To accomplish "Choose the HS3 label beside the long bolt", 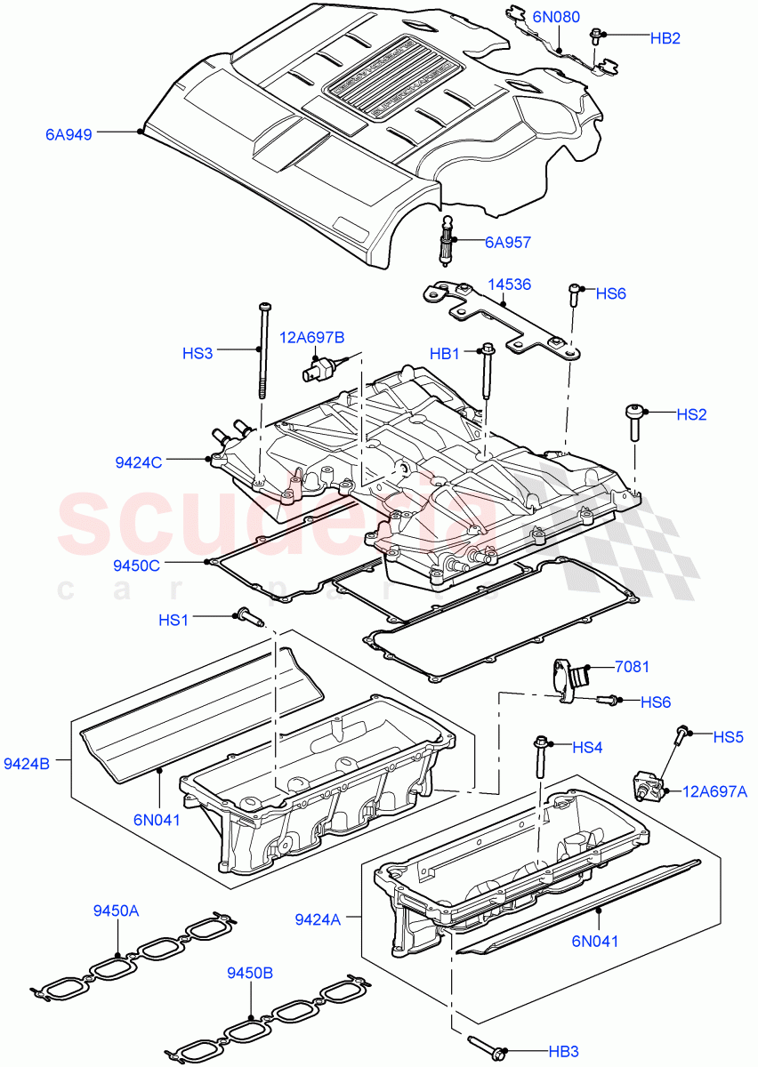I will tap(198, 353).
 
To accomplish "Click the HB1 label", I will tap(446, 354).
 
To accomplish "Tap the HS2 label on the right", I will tap(691, 414).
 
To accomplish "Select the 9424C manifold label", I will tap(138, 461).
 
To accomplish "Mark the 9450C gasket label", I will tap(137, 565).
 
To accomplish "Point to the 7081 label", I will tap(632, 665).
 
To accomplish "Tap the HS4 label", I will tap(587, 748).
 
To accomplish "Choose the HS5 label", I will tap(728, 736).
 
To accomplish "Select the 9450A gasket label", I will tap(117, 911).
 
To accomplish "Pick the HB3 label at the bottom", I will tap(564, 1052).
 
